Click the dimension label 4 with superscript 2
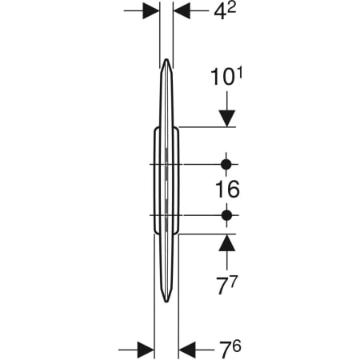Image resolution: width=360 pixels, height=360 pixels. tap(225, 12)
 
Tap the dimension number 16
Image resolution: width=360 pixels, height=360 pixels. tap(227, 190)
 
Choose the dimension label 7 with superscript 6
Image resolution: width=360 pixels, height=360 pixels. tap(230, 350)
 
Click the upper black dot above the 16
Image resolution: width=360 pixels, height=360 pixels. tap(226, 165)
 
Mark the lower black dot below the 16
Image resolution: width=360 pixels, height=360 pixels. tap(226, 215)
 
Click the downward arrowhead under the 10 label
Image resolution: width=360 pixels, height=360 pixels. tap(227, 118)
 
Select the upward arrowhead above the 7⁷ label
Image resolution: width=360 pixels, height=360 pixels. tap(227, 242)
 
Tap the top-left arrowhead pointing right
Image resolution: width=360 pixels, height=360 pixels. tap(151, 11)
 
